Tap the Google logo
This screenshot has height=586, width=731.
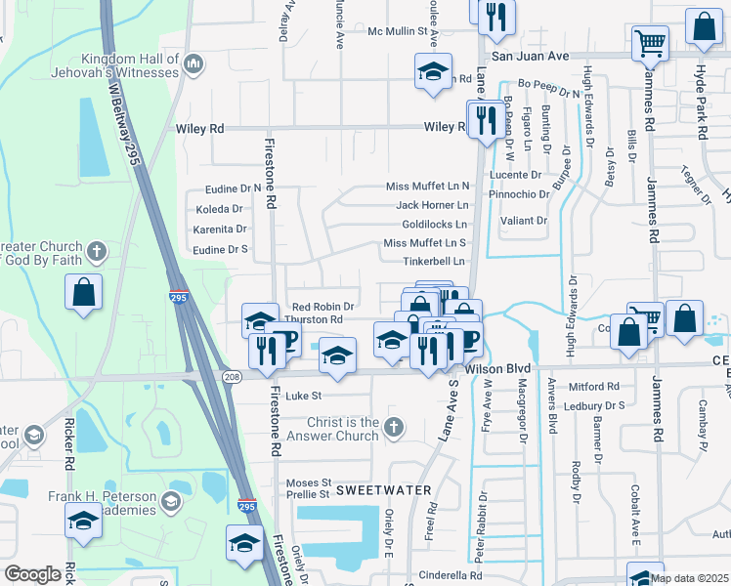(x=33, y=574)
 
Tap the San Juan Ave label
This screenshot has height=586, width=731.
(x=529, y=57)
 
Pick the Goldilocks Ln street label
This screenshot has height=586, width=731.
(x=428, y=224)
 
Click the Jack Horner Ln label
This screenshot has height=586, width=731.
(x=432, y=205)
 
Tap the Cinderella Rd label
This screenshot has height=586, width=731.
(x=451, y=575)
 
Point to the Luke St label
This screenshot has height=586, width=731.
(x=303, y=397)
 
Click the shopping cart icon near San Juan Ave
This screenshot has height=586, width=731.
(x=650, y=44)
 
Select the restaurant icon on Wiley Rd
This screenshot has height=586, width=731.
(x=484, y=120)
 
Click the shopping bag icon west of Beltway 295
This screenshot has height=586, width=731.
(x=84, y=291)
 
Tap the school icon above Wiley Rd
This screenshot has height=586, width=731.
(x=433, y=72)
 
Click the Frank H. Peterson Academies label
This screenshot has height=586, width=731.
(x=103, y=503)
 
